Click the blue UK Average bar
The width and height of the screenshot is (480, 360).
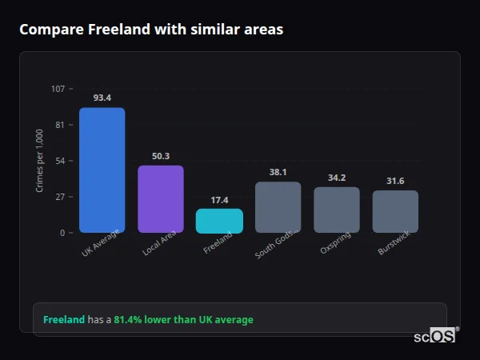click(102, 170)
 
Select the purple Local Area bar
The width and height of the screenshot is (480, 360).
click(161, 199)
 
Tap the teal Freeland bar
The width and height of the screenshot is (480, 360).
click(219, 221)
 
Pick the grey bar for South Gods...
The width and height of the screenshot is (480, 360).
click(278, 207)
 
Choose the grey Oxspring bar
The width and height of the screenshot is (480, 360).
click(337, 210)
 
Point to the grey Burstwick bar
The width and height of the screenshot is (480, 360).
click(395, 211)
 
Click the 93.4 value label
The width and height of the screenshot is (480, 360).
click(102, 98)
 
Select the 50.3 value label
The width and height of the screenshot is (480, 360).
click(161, 156)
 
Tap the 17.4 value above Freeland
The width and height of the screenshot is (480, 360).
click(219, 199)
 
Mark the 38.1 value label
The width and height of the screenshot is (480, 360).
click(278, 172)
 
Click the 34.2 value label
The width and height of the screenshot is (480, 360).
click(337, 178)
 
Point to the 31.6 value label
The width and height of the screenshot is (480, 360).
click(395, 181)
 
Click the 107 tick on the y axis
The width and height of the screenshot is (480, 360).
click(58, 89)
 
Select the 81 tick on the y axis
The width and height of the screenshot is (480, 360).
click(60, 125)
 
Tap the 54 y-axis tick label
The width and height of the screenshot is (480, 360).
click(60, 161)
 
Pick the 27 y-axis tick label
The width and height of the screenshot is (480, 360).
click(60, 197)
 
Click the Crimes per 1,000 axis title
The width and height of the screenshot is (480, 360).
click(39, 161)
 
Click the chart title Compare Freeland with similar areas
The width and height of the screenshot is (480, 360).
click(151, 30)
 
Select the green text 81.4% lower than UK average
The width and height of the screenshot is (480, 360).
click(183, 320)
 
